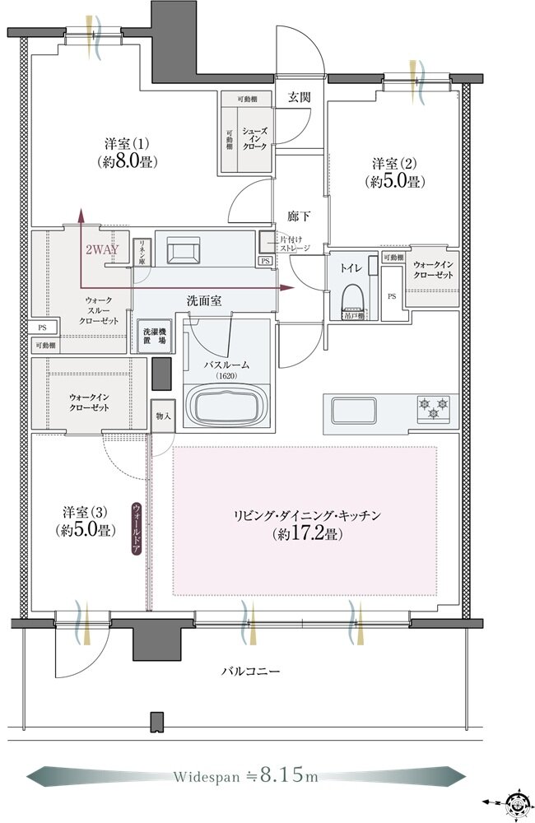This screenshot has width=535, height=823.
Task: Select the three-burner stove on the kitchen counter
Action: point(433,407)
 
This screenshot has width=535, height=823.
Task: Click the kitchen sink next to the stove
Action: point(353,408)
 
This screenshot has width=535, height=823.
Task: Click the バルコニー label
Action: point(250,672)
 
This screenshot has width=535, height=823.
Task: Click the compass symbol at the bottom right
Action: point(515,800)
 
